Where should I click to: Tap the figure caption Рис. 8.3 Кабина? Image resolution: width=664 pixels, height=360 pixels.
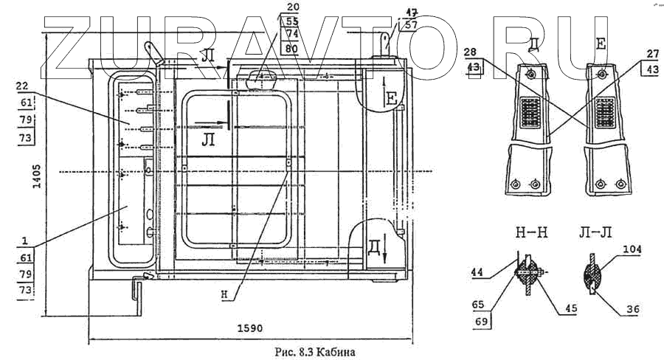pos(314,352)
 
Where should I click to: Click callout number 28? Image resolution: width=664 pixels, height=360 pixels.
pos(470,53)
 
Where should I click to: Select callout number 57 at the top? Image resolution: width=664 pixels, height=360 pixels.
pos(411,24)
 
